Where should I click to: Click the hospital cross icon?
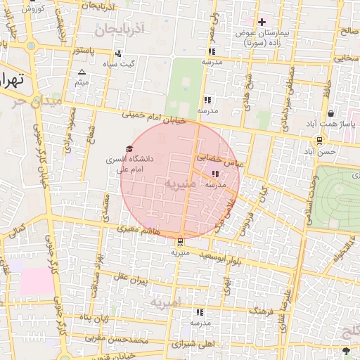[262, 22]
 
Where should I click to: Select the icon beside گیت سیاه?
[118, 53]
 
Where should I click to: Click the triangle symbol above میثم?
[82, 72]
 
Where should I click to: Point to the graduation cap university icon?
[128, 148]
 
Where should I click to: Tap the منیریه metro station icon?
[181, 243]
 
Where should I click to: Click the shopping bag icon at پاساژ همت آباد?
[330, 114]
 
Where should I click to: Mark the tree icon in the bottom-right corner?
[345, 350]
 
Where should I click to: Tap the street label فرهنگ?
[262, 310]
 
